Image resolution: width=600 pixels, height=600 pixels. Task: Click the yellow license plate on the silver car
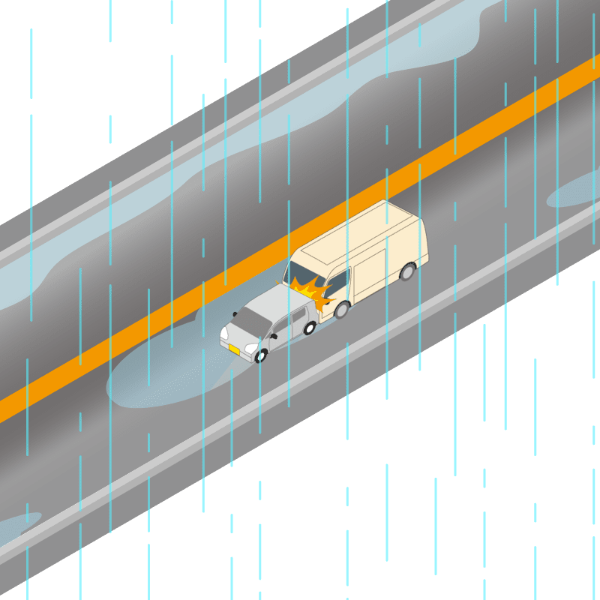tap(234, 349)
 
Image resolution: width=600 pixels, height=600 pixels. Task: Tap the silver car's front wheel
tap(261, 356)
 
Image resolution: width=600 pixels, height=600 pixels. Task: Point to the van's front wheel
tap(342, 309)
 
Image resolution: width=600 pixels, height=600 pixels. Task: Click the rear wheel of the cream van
tap(407, 271)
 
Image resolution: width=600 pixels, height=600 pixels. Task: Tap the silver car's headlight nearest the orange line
tap(223, 331)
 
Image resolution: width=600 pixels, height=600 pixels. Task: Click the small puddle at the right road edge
tap(574, 191)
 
